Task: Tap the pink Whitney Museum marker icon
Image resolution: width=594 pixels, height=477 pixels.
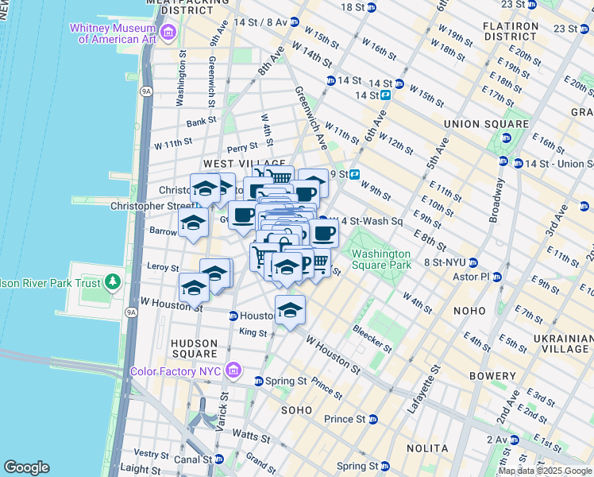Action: pos(168,33)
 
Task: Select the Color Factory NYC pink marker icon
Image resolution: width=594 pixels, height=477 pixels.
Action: pos(233,370)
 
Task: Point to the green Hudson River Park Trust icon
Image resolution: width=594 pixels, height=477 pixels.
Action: pos(113,281)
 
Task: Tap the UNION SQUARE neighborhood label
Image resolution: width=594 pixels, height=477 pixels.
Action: pos(486,124)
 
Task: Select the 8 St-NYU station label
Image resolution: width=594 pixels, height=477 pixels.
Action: pos(443,262)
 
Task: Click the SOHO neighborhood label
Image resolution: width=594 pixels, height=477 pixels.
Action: pos(296,409)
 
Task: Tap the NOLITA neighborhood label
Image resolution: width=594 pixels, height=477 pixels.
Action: pos(428,448)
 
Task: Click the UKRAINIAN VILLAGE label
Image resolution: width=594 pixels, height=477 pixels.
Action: pos(562,343)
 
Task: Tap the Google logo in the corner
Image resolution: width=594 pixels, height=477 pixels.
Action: pos(26,467)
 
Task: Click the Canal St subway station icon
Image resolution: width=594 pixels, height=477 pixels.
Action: pos(218,459)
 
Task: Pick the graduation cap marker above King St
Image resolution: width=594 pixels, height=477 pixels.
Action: pos(291,309)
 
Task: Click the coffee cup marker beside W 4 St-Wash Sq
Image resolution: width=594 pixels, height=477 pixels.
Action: pos(323,233)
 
